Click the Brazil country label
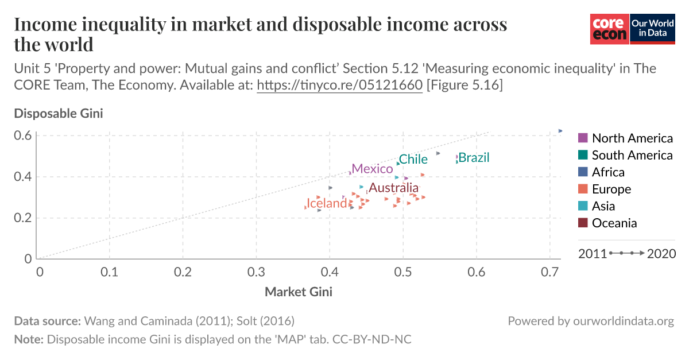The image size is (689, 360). (474, 157)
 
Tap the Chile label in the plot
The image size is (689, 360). (413, 160)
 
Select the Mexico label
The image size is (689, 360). (372, 169)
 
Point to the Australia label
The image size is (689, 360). (393, 188)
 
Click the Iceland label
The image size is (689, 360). (326, 203)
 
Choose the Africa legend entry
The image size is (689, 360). (608, 172)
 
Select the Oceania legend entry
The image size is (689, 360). (614, 223)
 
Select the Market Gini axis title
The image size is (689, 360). (298, 292)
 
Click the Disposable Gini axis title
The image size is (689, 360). (59, 113)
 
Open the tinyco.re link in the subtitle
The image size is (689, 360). (340, 86)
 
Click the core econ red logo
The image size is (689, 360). (609, 29)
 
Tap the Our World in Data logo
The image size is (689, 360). (652, 29)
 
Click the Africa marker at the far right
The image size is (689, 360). (560, 131)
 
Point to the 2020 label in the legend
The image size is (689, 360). (661, 253)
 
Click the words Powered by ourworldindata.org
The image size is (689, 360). (590, 321)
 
